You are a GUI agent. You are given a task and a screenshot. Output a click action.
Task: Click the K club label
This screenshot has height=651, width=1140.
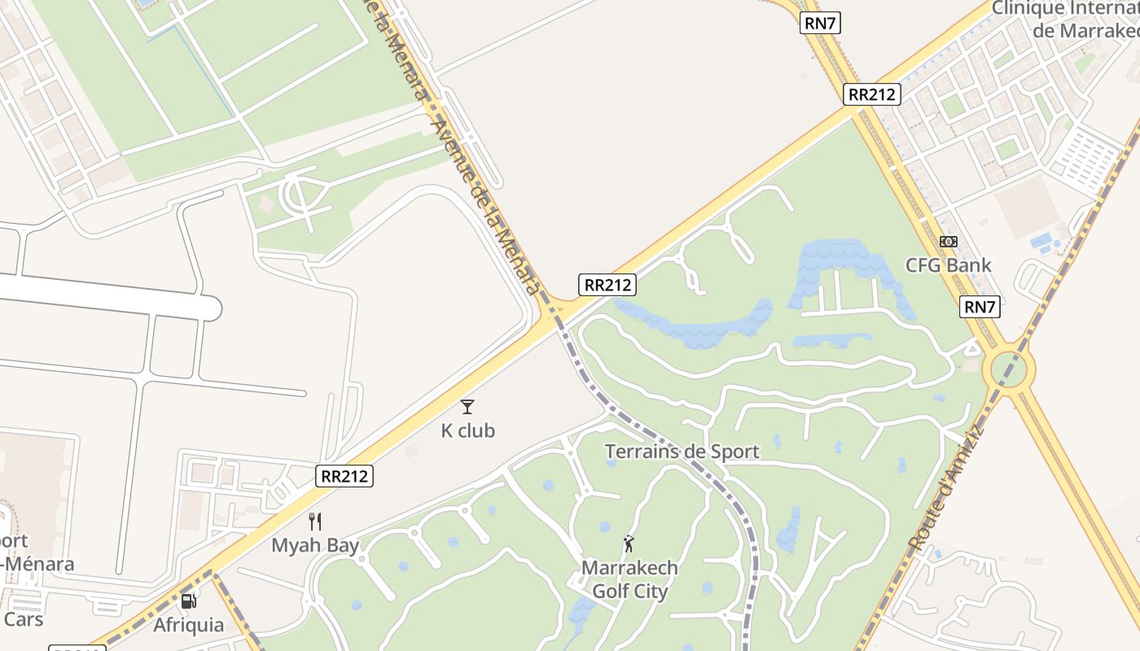(x=467, y=430)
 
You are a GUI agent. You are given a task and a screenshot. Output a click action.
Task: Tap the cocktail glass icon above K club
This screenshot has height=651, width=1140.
(x=467, y=406)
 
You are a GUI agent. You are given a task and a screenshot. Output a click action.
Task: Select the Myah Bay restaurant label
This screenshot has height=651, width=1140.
(x=315, y=545)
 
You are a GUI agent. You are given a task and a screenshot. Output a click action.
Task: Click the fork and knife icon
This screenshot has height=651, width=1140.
(x=315, y=522)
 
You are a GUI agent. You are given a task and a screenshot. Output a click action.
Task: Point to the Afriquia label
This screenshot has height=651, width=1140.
(x=188, y=625)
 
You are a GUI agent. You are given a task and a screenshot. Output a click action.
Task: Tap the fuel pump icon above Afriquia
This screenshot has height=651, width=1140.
(x=188, y=601)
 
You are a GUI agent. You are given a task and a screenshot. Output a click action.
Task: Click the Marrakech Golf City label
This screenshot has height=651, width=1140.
(x=629, y=579)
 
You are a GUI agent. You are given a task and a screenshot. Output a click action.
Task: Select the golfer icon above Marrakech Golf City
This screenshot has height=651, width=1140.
(x=628, y=543)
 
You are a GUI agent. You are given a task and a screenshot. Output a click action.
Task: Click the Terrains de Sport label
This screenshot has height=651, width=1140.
(x=682, y=452)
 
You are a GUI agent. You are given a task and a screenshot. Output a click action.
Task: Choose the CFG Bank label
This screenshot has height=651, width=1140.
(x=949, y=265)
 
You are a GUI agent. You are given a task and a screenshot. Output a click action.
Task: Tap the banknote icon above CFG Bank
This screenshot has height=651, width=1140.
(x=949, y=242)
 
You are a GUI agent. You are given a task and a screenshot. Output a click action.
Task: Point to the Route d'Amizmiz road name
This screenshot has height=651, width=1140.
(x=949, y=488)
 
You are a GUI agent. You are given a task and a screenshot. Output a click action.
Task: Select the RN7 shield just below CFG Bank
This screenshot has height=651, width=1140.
(x=980, y=307)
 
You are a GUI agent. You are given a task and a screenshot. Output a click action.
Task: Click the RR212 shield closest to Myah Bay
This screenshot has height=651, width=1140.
(x=344, y=476)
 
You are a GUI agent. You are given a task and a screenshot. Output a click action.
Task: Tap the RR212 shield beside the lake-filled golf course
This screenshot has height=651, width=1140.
(x=607, y=285)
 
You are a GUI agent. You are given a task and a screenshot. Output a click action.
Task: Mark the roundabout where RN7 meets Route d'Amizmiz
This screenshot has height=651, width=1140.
(x=1009, y=370)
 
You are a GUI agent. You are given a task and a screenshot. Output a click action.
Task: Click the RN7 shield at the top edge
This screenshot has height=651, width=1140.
(x=820, y=23)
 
